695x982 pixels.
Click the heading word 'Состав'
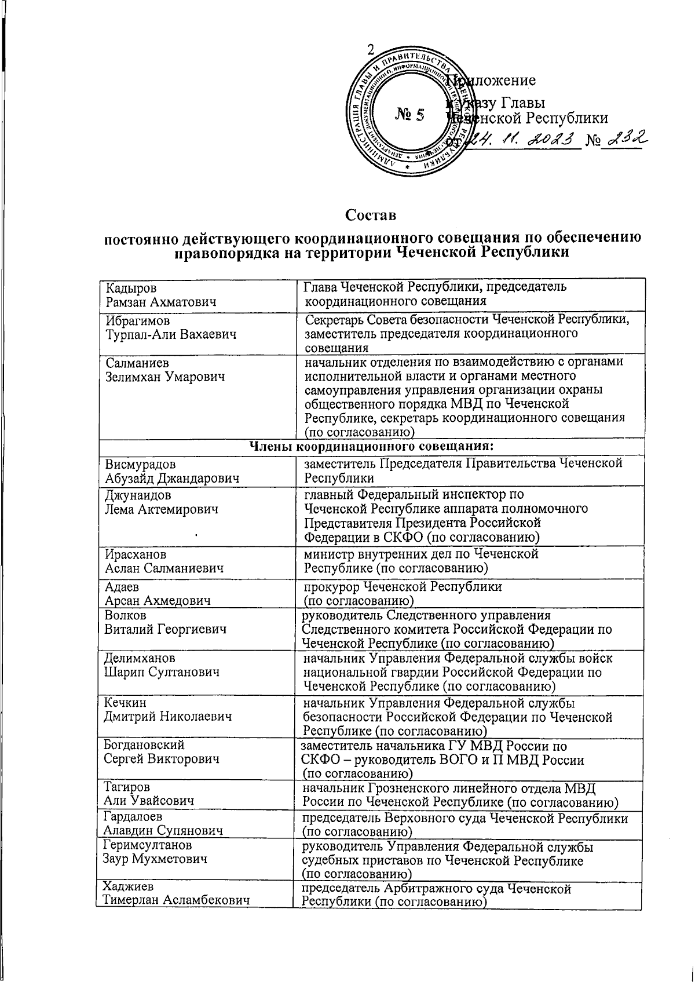pos(371,216)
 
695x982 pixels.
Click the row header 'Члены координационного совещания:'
pos(371,446)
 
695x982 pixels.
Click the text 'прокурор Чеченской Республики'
pos(403,586)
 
